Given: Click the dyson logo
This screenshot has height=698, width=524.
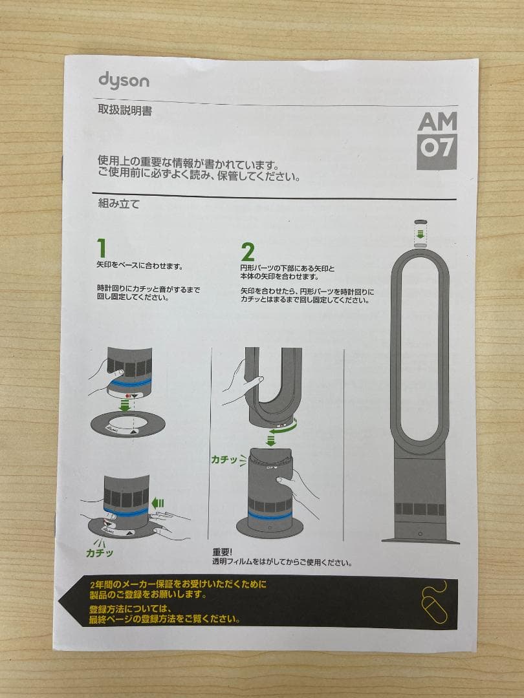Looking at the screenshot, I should tap(124, 80).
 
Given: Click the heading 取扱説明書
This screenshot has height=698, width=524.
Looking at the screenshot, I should tap(125, 111).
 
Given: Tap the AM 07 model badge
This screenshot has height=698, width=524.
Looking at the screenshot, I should tap(437, 140).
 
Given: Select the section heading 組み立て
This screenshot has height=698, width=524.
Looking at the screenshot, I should tap(118, 204).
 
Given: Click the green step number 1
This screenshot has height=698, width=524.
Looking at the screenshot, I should tap(101, 248).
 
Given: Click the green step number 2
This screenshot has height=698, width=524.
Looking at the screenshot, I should tap(247, 251).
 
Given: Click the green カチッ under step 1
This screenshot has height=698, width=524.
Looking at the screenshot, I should tap(100, 553).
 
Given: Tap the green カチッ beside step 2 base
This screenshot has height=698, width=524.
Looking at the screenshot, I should tap(224, 460).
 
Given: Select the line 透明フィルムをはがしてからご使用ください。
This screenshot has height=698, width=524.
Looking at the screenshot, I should tap(282, 562).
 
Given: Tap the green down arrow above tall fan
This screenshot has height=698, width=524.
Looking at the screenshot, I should tap(420, 233).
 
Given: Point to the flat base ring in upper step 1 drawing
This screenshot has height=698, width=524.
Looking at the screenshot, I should tap(127, 423).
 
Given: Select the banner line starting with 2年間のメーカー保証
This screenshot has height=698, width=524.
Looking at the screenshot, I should tap(178, 584).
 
